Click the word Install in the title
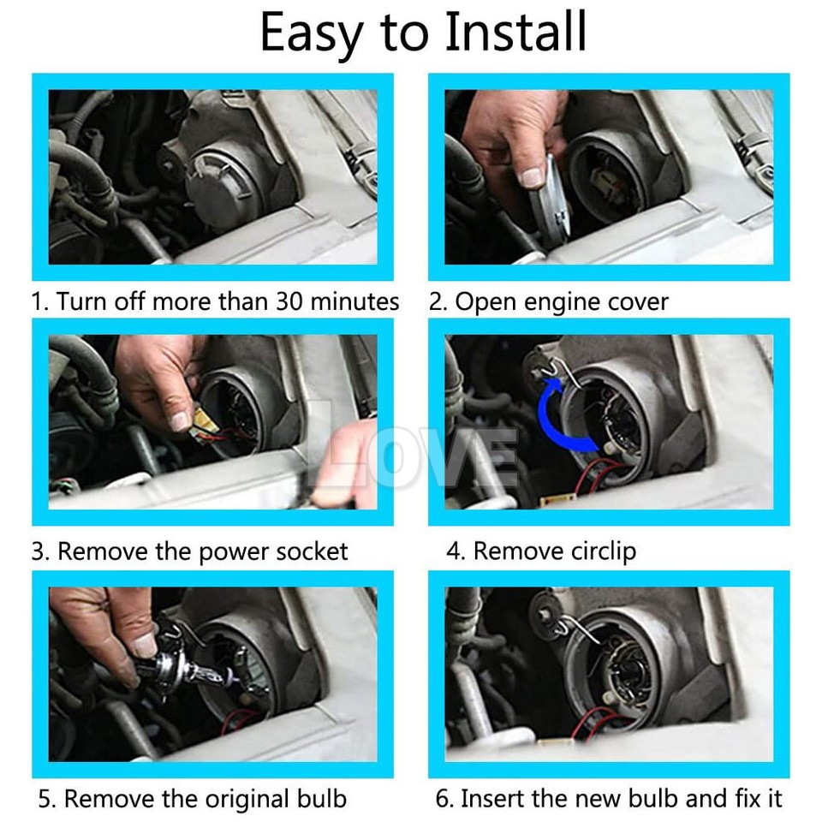(515, 32)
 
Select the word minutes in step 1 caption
(354, 301)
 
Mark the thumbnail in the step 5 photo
(144, 646)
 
